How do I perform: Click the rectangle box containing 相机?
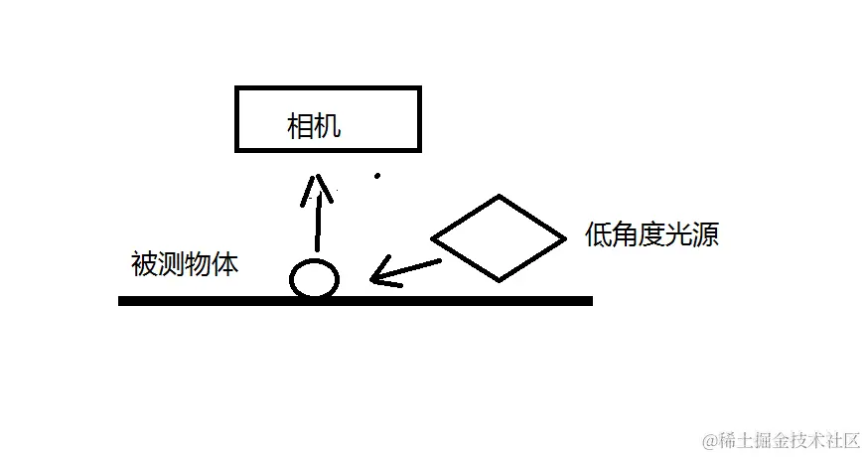[x=328, y=119]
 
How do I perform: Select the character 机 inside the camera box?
[x=328, y=126]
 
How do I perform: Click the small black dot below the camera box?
[x=376, y=177]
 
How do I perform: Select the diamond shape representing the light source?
[x=498, y=238]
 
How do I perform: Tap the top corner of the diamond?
[x=498, y=198]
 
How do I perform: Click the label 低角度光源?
[x=651, y=236]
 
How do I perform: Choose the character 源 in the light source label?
[x=706, y=236]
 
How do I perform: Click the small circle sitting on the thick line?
[x=315, y=279]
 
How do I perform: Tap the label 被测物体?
[x=185, y=265]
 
